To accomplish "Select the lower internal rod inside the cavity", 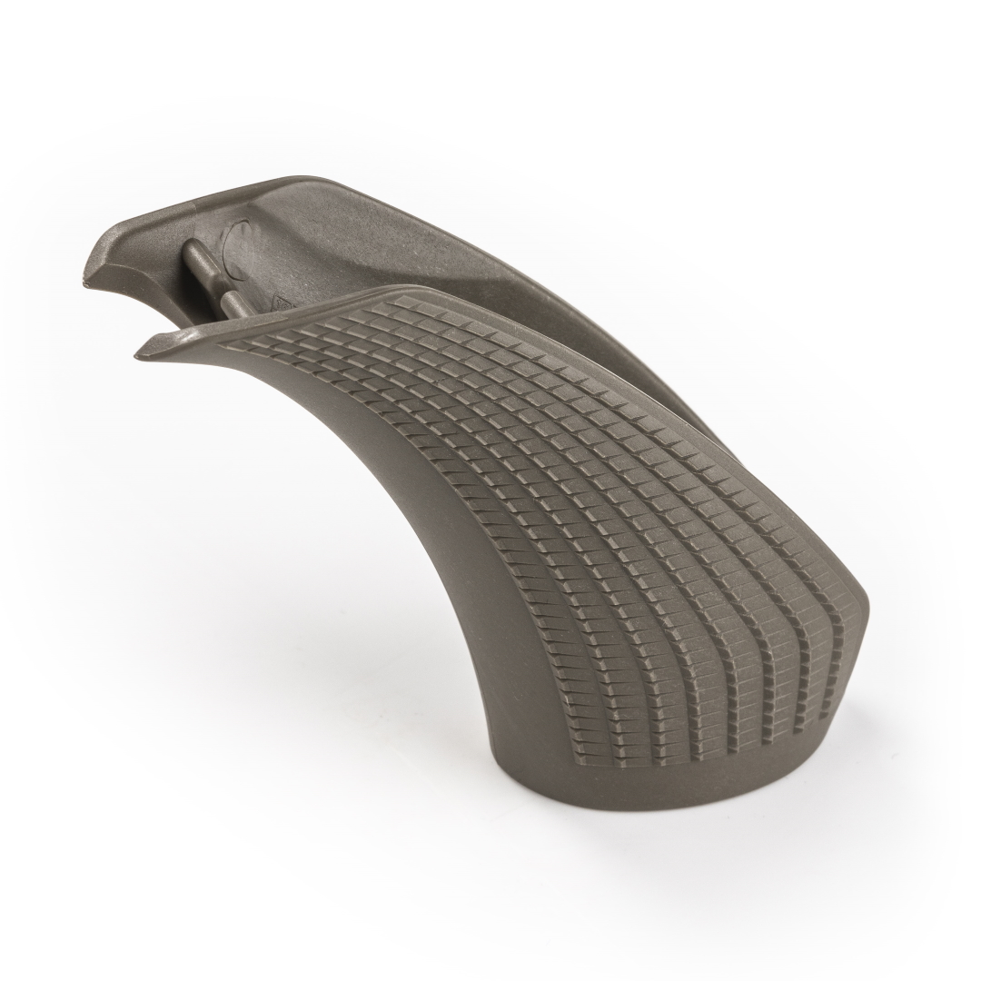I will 234,304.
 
